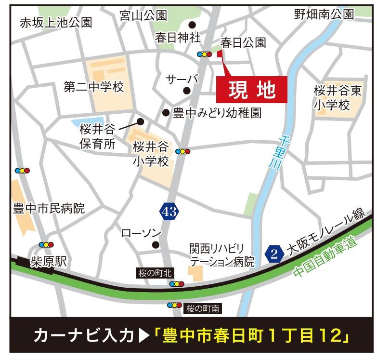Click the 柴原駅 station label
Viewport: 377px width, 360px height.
point(49,262)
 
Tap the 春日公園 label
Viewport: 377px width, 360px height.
point(243,43)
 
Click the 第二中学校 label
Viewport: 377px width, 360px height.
point(94,87)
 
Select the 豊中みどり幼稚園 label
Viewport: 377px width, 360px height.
point(217,113)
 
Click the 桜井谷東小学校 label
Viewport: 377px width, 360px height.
point(338,98)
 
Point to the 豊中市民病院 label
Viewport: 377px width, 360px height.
point(49,209)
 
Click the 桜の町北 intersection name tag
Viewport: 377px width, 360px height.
point(153,273)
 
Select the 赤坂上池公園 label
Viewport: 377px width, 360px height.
point(56,23)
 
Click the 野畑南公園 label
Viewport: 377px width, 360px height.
point(324,14)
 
